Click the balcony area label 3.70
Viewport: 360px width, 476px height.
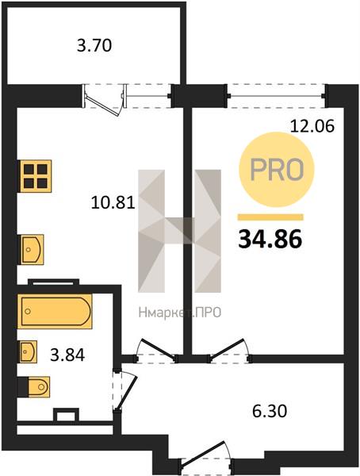(x=94, y=46)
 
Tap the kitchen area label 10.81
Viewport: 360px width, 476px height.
(x=113, y=203)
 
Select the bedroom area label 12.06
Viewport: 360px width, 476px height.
(x=312, y=126)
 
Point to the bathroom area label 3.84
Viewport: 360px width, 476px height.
(x=67, y=355)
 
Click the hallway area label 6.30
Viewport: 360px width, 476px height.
(x=270, y=411)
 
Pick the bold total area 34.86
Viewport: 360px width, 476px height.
(x=270, y=239)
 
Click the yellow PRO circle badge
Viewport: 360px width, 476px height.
(x=277, y=170)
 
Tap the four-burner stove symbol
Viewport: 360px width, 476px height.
(x=36, y=176)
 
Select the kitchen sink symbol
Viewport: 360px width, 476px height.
(x=33, y=250)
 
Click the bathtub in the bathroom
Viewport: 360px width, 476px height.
(x=55, y=311)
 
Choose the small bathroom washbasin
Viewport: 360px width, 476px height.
(x=29, y=351)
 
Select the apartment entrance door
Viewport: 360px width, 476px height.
(x=206, y=455)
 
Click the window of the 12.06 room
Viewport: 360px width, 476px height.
(x=276, y=96)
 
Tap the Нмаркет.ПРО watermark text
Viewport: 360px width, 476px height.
(x=180, y=313)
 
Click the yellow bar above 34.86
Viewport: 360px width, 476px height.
(x=270, y=217)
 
